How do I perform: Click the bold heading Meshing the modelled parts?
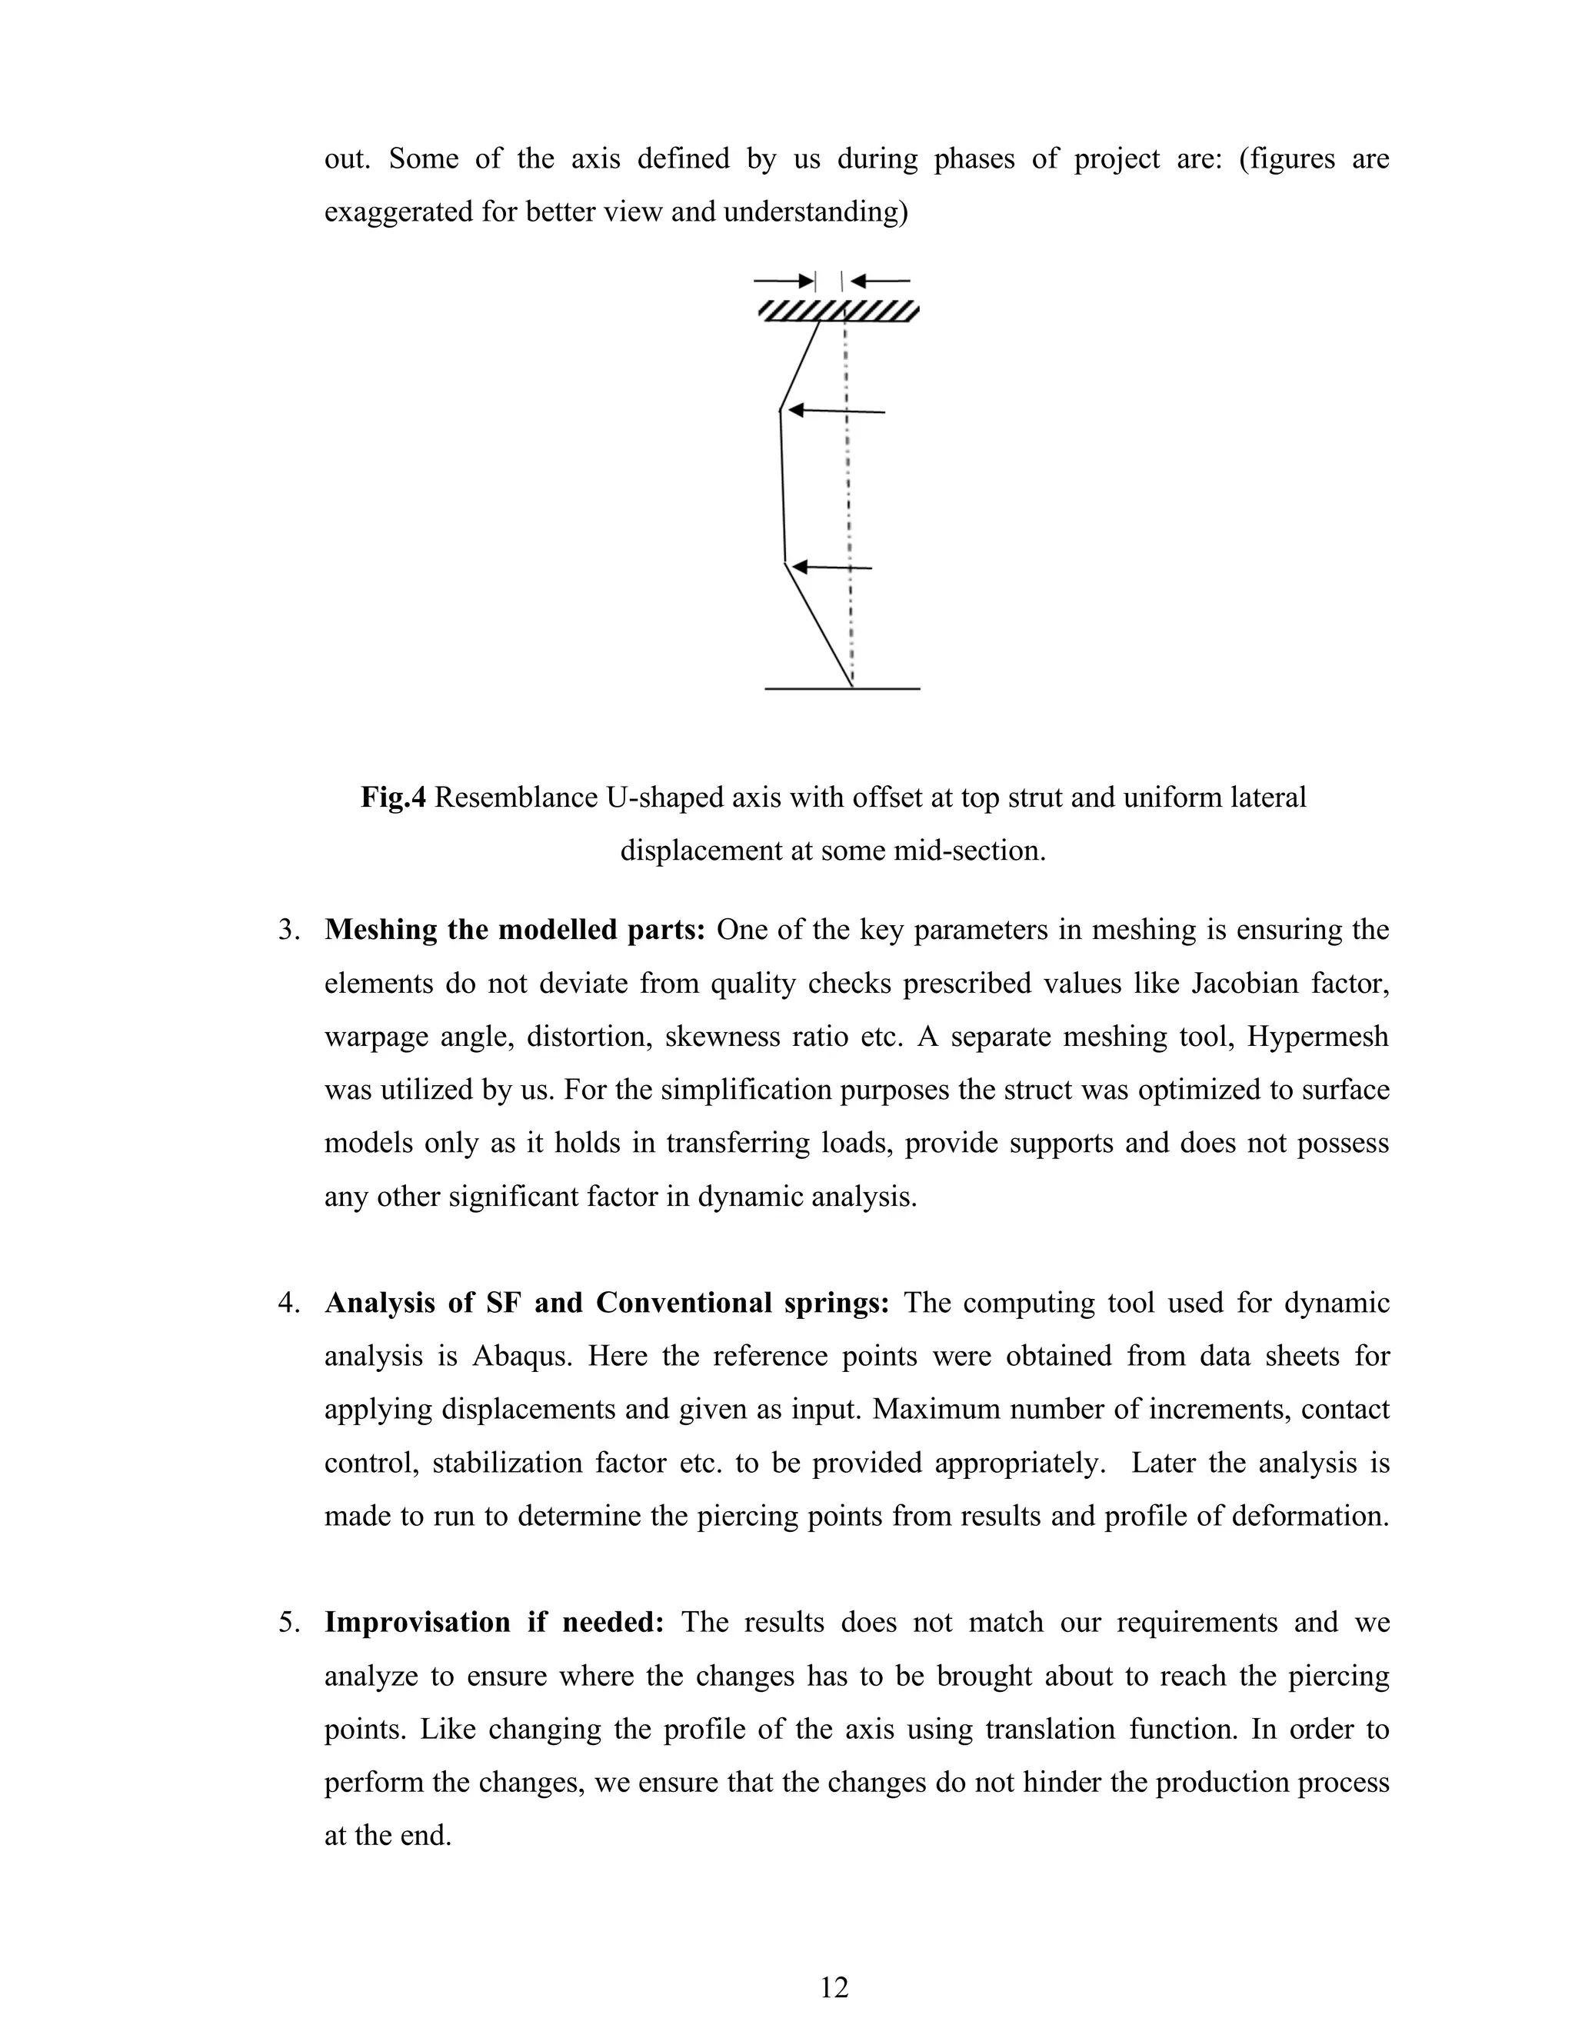[514, 931]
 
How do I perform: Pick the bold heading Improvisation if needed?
[494, 1623]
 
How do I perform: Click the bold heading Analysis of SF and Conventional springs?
[607, 1303]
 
